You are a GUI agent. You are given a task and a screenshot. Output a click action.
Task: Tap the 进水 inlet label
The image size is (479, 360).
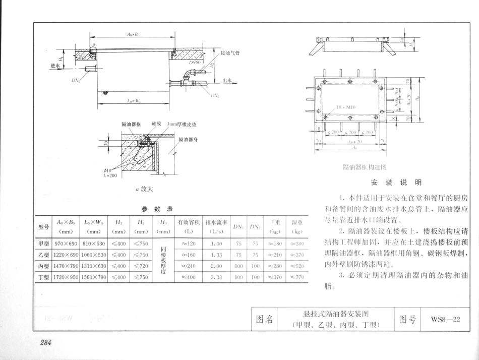[x=54, y=66]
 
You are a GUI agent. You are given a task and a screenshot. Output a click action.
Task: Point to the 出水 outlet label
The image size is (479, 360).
[x=227, y=80]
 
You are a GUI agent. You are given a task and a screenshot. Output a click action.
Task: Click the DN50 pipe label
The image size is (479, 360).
[x=195, y=63]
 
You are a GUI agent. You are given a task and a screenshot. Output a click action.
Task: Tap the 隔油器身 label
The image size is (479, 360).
[x=187, y=139]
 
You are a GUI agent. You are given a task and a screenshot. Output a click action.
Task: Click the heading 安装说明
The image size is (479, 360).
[x=396, y=182]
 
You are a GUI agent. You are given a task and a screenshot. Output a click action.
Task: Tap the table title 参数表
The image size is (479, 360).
[x=157, y=209]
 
